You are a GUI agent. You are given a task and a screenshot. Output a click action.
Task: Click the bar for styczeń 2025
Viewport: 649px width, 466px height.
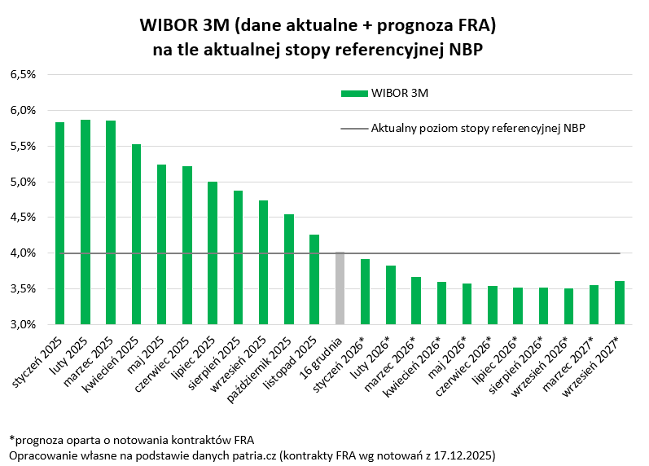59,223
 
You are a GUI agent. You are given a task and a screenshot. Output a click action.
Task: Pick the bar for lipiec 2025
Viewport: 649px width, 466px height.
213,253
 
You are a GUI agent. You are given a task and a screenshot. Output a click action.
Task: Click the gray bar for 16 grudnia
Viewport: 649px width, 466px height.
340,288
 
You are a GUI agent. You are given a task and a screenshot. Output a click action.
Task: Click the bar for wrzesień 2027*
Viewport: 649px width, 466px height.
620,303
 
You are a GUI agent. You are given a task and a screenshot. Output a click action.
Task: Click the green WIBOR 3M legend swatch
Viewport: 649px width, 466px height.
354,93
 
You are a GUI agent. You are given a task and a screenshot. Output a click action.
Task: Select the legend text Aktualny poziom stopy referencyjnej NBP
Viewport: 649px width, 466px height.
478,128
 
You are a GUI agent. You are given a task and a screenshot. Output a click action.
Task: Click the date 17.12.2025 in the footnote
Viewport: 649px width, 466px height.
462,454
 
